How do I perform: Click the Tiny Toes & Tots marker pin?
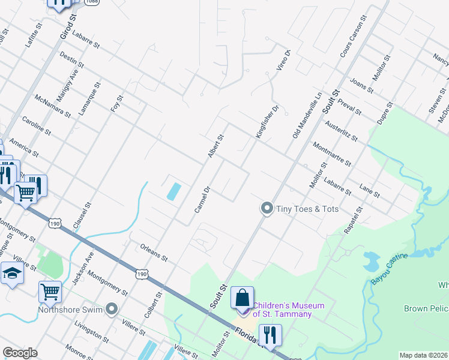tap(267, 209)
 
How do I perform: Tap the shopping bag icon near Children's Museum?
tap(242, 298)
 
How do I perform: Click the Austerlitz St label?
tap(341, 131)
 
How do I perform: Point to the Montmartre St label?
tap(332, 155)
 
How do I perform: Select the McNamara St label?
tap(53, 106)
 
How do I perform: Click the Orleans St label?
tap(154, 252)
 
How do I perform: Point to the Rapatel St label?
tap(353, 220)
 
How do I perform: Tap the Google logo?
tap(20, 353)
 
